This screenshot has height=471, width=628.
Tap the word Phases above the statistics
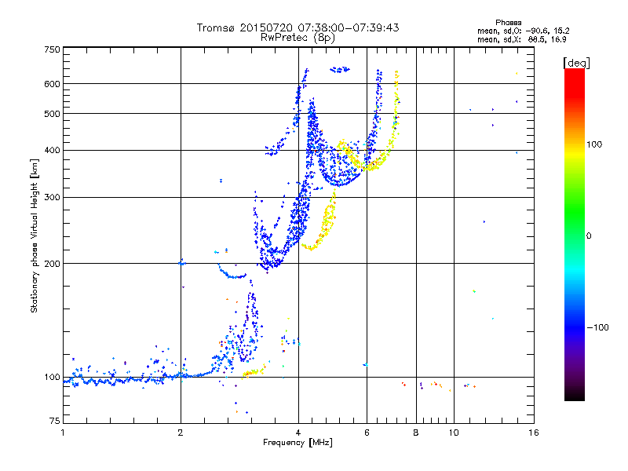click(x=508, y=23)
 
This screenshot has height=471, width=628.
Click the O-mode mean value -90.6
click(x=537, y=31)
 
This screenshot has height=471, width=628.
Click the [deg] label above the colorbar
click(x=576, y=63)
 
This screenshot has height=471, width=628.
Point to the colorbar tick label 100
click(x=594, y=144)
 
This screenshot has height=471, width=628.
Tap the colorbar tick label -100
click(x=597, y=327)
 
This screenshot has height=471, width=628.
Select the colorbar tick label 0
click(x=589, y=236)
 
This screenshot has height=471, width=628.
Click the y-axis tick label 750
click(x=52, y=50)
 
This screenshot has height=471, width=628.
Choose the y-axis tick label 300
click(x=52, y=197)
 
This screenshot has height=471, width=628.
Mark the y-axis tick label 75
click(x=55, y=421)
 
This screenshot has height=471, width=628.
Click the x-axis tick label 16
click(x=533, y=433)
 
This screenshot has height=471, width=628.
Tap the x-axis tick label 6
click(x=367, y=433)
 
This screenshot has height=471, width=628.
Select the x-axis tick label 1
click(x=63, y=433)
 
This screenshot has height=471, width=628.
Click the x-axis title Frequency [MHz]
click(x=298, y=443)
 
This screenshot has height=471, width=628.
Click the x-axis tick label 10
click(x=454, y=433)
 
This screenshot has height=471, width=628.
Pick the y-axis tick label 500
click(x=52, y=114)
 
